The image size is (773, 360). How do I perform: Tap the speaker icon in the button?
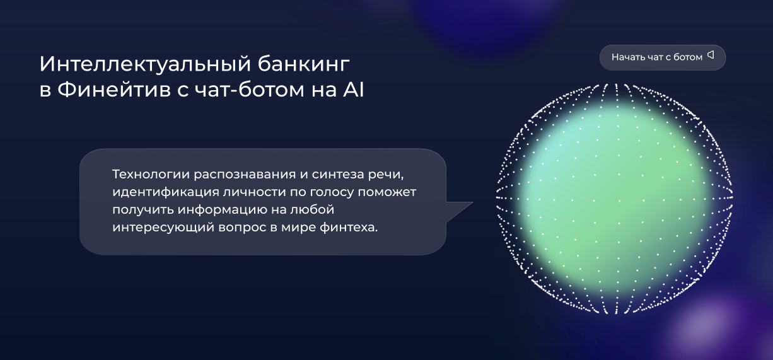(x=711, y=55)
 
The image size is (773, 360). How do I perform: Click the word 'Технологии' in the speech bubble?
(x=151, y=173)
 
